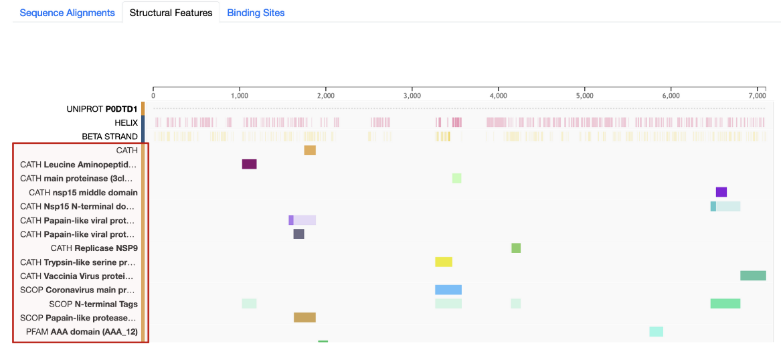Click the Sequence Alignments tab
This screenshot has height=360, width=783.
tap(67, 13)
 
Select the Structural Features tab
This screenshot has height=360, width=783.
tap(171, 13)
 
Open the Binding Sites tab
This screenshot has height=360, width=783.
tap(256, 13)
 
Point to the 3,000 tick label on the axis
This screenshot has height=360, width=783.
tap(412, 96)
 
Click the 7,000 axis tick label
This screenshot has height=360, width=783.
tap(757, 96)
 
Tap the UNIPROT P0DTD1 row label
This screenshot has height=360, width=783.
tap(102, 108)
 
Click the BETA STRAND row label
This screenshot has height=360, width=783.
tap(110, 137)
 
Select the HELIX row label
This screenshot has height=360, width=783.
tap(126, 122)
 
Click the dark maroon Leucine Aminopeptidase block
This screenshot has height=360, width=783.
tap(249, 165)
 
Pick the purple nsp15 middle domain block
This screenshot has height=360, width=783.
tap(721, 192)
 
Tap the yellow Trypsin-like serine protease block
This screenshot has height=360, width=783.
tap(444, 262)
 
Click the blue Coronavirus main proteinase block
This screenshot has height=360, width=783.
tap(448, 290)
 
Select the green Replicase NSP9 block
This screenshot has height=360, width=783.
tap(516, 248)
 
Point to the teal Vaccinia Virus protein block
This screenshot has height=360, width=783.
tap(753, 276)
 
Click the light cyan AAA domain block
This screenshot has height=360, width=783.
tap(656, 331)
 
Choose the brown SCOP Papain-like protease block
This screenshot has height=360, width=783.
tap(304, 317)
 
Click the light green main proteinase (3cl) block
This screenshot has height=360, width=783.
tap(456, 178)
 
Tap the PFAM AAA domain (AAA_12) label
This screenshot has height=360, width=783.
tap(82, 331)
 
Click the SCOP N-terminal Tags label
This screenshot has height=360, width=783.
tap(93, 304)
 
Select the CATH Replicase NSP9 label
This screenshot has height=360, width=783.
tap(94, 248)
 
